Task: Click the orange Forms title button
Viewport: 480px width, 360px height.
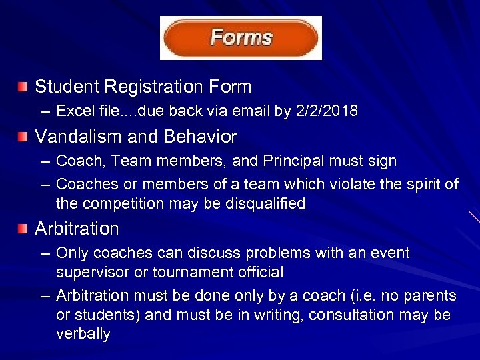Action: (241, 37)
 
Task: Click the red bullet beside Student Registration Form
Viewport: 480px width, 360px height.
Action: (23, 87)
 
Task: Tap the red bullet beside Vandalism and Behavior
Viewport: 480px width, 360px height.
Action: (23, 137)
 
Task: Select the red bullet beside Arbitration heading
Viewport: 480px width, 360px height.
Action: (23, 229)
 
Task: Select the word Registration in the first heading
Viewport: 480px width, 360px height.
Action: (161, 87)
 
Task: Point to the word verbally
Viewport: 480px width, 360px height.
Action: (83, 334)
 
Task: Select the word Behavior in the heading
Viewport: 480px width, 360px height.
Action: (201, 137)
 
